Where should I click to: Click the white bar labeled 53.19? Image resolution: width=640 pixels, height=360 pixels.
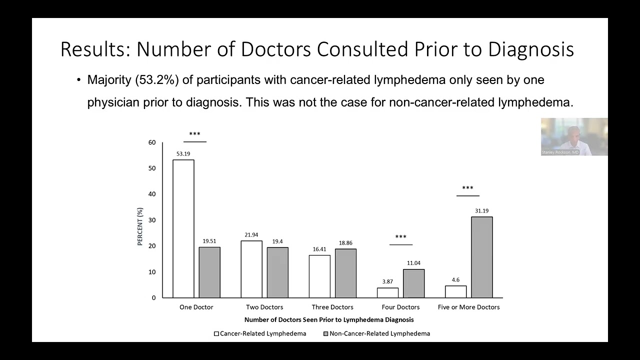click(x=183, y=228)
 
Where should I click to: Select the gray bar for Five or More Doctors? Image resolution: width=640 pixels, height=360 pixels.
click(x=482, y=257)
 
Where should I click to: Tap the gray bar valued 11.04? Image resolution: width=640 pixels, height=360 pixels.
click(x=413, y=283)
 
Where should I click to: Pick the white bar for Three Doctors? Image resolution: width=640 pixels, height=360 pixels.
click(x=319, y=276)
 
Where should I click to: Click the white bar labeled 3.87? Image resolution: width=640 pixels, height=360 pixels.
click(x=387, y=292)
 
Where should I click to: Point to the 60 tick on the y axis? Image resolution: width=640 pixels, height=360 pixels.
click(x=152, y=142)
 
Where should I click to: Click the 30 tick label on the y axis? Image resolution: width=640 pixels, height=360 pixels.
click(x=152, y=220)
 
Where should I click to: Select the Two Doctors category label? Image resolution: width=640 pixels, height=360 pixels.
click(x=264, y=307)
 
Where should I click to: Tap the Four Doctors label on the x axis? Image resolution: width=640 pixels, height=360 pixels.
click(x=400, y=307)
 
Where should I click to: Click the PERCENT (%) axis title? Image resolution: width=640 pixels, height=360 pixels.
click(x=139, y=226)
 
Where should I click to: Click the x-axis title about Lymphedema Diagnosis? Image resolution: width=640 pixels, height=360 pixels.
click(x=329, y=319)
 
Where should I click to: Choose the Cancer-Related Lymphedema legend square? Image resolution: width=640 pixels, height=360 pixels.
click(x=216, y=333)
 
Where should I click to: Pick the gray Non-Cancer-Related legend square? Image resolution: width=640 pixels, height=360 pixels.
click(x=325, y=333)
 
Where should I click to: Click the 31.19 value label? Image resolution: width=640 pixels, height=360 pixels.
click(x=481, y=211)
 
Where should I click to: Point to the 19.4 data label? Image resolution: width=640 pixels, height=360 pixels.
click(x=277, y=241)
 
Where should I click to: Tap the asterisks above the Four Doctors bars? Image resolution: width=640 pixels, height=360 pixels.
click(x=401, y=237)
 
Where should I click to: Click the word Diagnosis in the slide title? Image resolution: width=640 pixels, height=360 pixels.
click(x=531, y=49)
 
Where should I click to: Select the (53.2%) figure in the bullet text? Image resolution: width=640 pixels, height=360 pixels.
click(x=157, y=79)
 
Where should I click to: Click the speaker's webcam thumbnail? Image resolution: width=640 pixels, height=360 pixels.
click(x=574, y=136)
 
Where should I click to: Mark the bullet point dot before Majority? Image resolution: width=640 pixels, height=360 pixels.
click(x=79, y=79)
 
